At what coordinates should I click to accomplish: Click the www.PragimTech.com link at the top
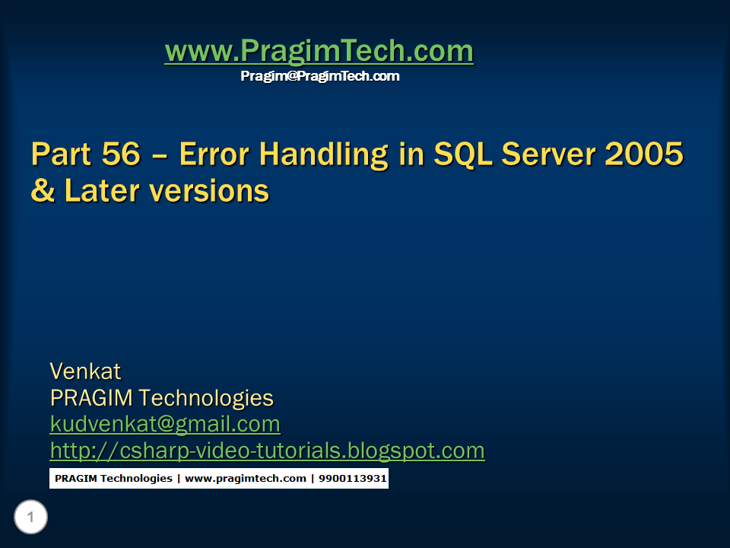click(319, 52)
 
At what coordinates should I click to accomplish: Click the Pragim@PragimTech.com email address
click(319, 76)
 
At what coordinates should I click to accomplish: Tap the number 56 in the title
click(121, 155)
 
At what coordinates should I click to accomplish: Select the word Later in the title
click(97, 190)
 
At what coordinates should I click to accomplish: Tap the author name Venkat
click(85, 371)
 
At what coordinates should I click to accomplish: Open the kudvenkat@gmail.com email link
click(165, 424)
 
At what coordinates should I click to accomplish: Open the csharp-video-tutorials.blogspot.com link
click(267, 451)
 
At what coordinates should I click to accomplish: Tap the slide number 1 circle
click(30, 518)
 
